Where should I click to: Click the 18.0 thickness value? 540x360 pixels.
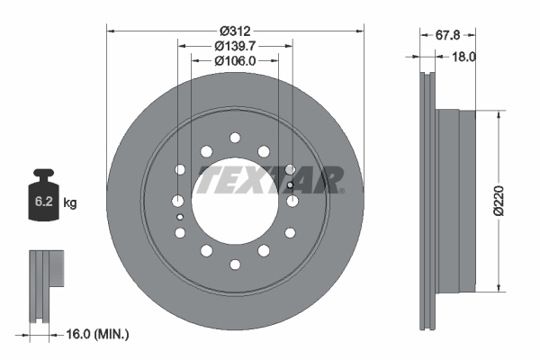[463, 55]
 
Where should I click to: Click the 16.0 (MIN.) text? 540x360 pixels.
[97, 334]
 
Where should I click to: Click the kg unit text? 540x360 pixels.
[71, 203]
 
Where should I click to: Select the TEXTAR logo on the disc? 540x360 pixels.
[270, 179]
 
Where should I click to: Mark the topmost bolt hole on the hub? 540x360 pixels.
[235, 137]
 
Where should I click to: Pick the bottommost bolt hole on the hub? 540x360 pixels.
[235, 265]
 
